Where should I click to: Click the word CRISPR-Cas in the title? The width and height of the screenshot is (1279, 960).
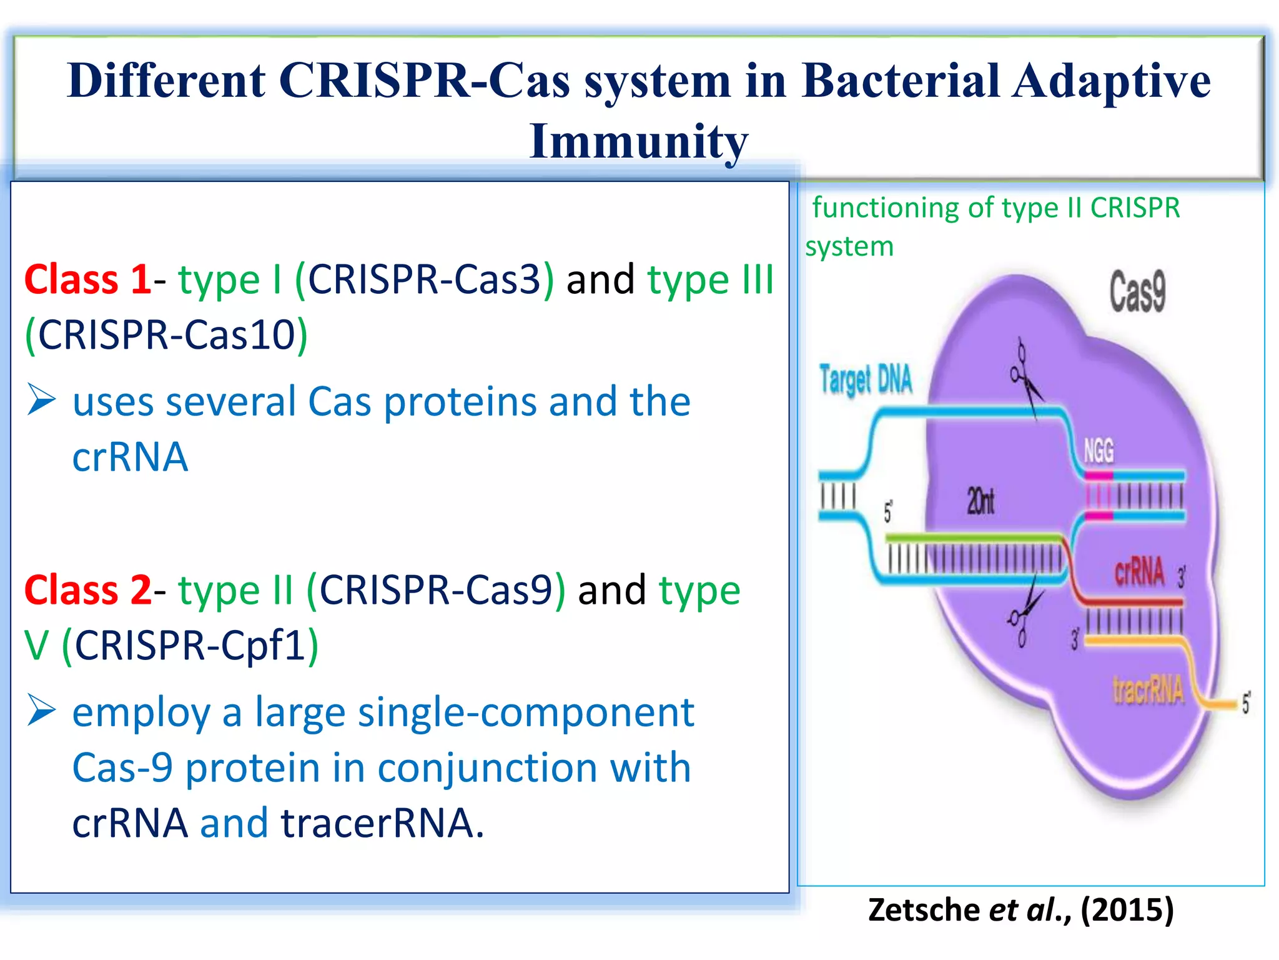[x=424, y=81]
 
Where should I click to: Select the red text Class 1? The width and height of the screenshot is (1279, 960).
[x=87, y=279]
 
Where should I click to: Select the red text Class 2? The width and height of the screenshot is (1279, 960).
[x=87, y=590]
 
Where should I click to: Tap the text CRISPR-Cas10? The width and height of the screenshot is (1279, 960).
[x=166, y=335]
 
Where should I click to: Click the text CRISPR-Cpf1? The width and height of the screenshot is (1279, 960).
[x=190, y=645]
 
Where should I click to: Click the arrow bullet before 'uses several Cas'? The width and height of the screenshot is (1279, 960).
[x=41, y=400]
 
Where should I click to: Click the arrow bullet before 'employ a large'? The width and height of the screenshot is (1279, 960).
[x=41, y=711]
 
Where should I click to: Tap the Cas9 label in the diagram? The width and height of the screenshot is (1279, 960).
[x=1137, y=291]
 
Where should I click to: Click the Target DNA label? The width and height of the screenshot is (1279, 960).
[x=866, y=379]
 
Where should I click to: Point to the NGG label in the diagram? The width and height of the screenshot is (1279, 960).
[x=1098, y=451]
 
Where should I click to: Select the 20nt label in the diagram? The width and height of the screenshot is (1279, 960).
[x=980, y=501]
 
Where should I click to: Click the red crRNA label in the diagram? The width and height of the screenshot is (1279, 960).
[x=1139, y=571]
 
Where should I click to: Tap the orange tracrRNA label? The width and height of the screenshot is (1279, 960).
[x=1148, y=691]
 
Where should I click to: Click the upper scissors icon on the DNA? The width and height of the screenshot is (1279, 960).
[x=1024, y=375]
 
